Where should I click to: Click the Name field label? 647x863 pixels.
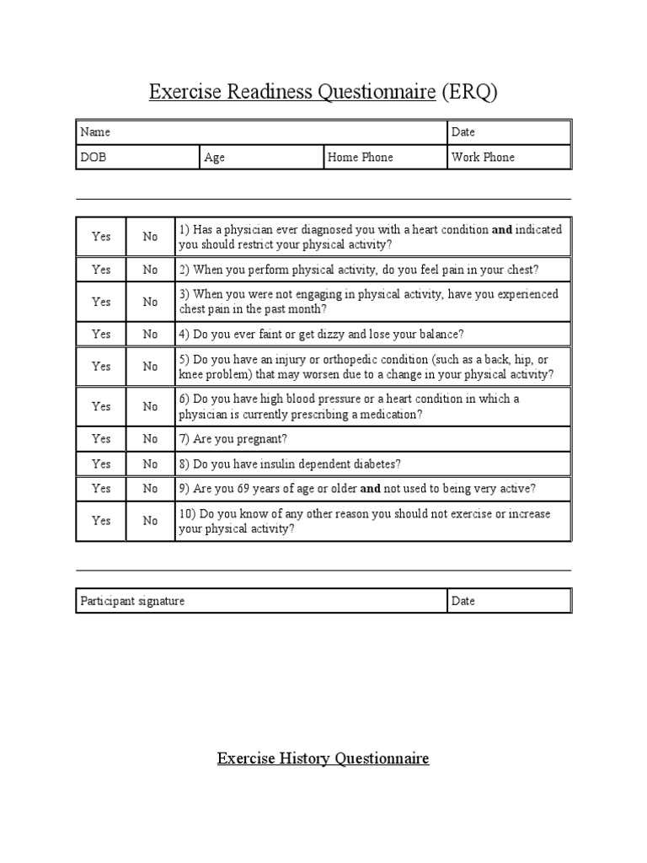95,132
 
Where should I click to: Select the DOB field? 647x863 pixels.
137,158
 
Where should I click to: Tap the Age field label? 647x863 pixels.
215,158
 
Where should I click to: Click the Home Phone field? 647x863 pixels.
384,158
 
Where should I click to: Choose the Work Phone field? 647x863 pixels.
508,158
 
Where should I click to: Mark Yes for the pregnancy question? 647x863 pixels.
101,439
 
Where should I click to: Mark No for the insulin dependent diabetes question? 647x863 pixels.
150,464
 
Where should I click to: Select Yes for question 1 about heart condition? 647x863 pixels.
101,237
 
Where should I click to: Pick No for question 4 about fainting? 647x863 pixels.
150,334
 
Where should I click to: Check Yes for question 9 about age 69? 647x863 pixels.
101,488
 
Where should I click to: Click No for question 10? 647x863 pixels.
150,521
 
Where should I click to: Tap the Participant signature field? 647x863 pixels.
260,601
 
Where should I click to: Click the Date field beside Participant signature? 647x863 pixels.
508,601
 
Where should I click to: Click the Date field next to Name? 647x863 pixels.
508,132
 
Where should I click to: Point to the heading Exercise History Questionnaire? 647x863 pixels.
323,758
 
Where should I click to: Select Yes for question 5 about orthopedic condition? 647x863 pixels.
101,367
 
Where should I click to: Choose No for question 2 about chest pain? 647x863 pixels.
150,270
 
